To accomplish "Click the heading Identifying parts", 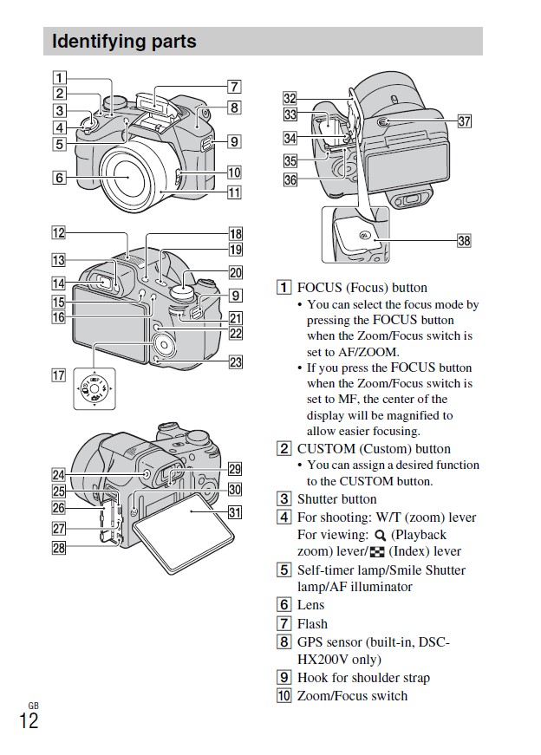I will [125, 42].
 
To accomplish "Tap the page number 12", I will [29, 719].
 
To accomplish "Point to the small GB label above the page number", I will [33, 704].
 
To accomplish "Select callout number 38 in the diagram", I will [464, 241].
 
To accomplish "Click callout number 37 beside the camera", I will [464, 121].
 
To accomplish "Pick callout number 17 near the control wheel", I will [58, 375].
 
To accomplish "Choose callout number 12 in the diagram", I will [58, 232].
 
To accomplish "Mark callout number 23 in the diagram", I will [235, 362].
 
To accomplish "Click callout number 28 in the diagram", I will [58, 547].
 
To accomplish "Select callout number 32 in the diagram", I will [290, 99].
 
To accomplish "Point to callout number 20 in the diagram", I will [235, 273].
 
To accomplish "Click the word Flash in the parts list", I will [312, 623].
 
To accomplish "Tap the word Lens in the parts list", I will [310, 605].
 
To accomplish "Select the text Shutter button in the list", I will [336, 499].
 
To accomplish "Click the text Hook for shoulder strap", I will [363, 678].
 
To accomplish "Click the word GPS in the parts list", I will [310, 642].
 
